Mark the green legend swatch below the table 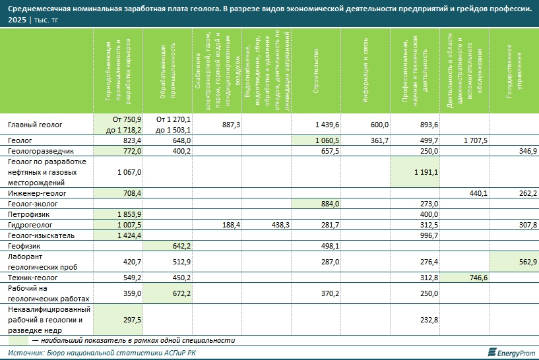[18, 341]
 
